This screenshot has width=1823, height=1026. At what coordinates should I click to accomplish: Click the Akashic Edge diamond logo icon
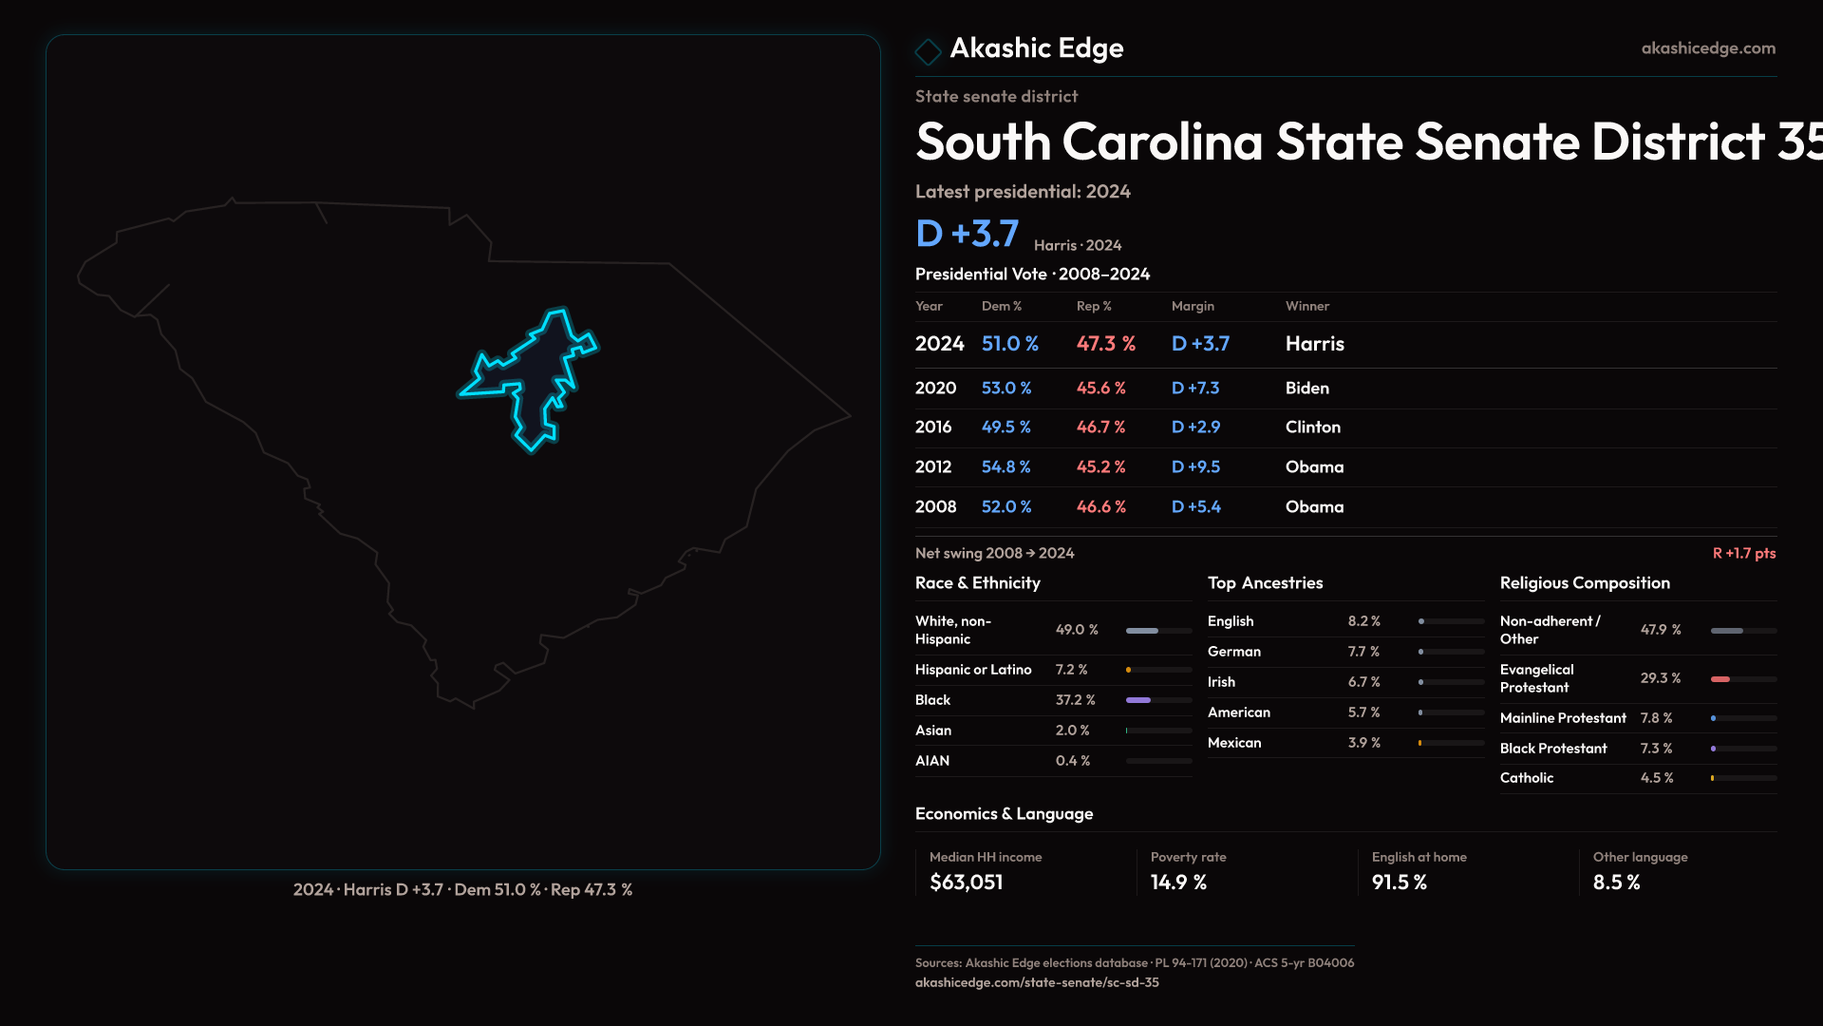pos(928,50)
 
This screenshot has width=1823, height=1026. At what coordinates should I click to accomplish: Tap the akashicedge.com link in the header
pos(1707,48)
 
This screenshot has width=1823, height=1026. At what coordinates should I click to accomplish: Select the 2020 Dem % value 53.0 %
pos(1005,389)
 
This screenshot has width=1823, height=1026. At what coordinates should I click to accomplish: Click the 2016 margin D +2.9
pos(1195,427)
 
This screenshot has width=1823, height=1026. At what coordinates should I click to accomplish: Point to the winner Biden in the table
pos(1306,389)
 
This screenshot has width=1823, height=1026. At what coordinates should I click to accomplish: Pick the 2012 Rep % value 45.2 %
pos(1100,467)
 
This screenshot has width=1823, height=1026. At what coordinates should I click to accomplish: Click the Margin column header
pos(1193,306)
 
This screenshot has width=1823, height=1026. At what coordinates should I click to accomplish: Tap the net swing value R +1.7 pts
pos(1743,553)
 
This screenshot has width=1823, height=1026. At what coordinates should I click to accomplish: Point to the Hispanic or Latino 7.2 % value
pos(1071,670)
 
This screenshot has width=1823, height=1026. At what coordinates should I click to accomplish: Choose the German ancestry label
pos(1233,652)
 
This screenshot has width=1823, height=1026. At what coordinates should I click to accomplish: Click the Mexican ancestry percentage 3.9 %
pos(1363,743)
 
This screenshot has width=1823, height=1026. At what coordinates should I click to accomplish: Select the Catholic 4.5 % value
pos(1656,778)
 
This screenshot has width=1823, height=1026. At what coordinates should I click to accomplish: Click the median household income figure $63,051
pos(966,883)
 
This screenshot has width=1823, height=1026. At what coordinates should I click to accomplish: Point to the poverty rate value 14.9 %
pos(1178,883)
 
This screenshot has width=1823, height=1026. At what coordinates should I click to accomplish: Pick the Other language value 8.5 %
pos(1616,883)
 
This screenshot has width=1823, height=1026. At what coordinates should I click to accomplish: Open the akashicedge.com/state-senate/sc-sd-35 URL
pos(1037,982)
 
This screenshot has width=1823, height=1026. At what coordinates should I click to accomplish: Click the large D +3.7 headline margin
pos(967,234)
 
